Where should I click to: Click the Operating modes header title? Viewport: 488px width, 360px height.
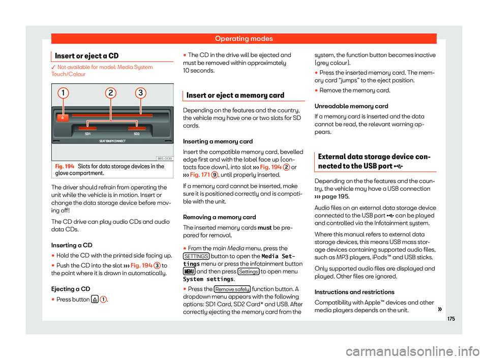pos(243,38)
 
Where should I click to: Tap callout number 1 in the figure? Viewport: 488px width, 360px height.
pos(63,94)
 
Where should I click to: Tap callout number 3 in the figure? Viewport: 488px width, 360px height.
pos(140,94)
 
